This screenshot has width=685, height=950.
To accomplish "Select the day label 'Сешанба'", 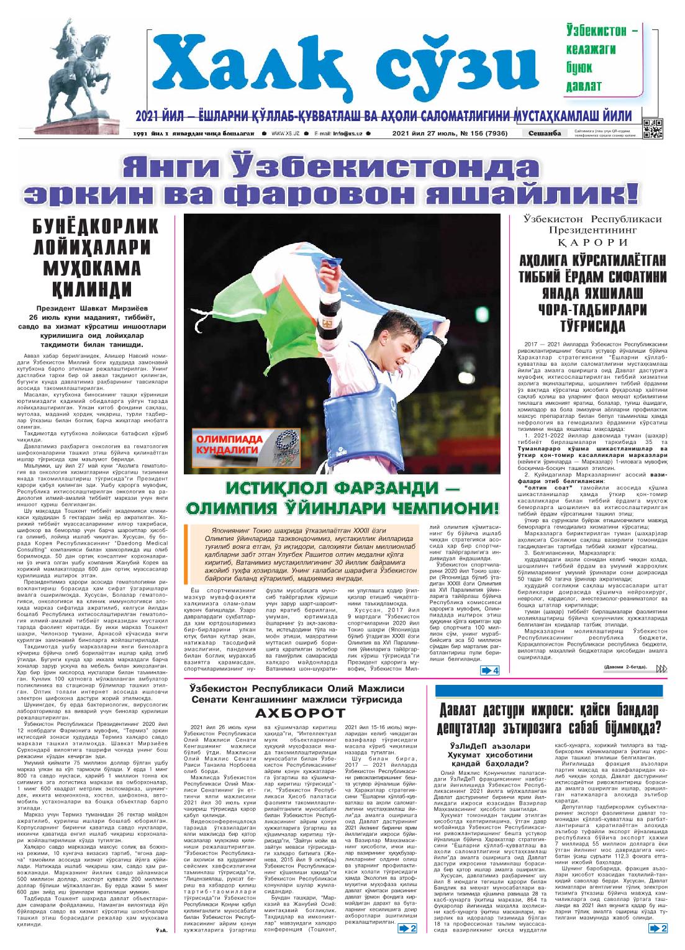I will [545, 133].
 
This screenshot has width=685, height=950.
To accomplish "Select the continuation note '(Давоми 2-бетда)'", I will [624, 667].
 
